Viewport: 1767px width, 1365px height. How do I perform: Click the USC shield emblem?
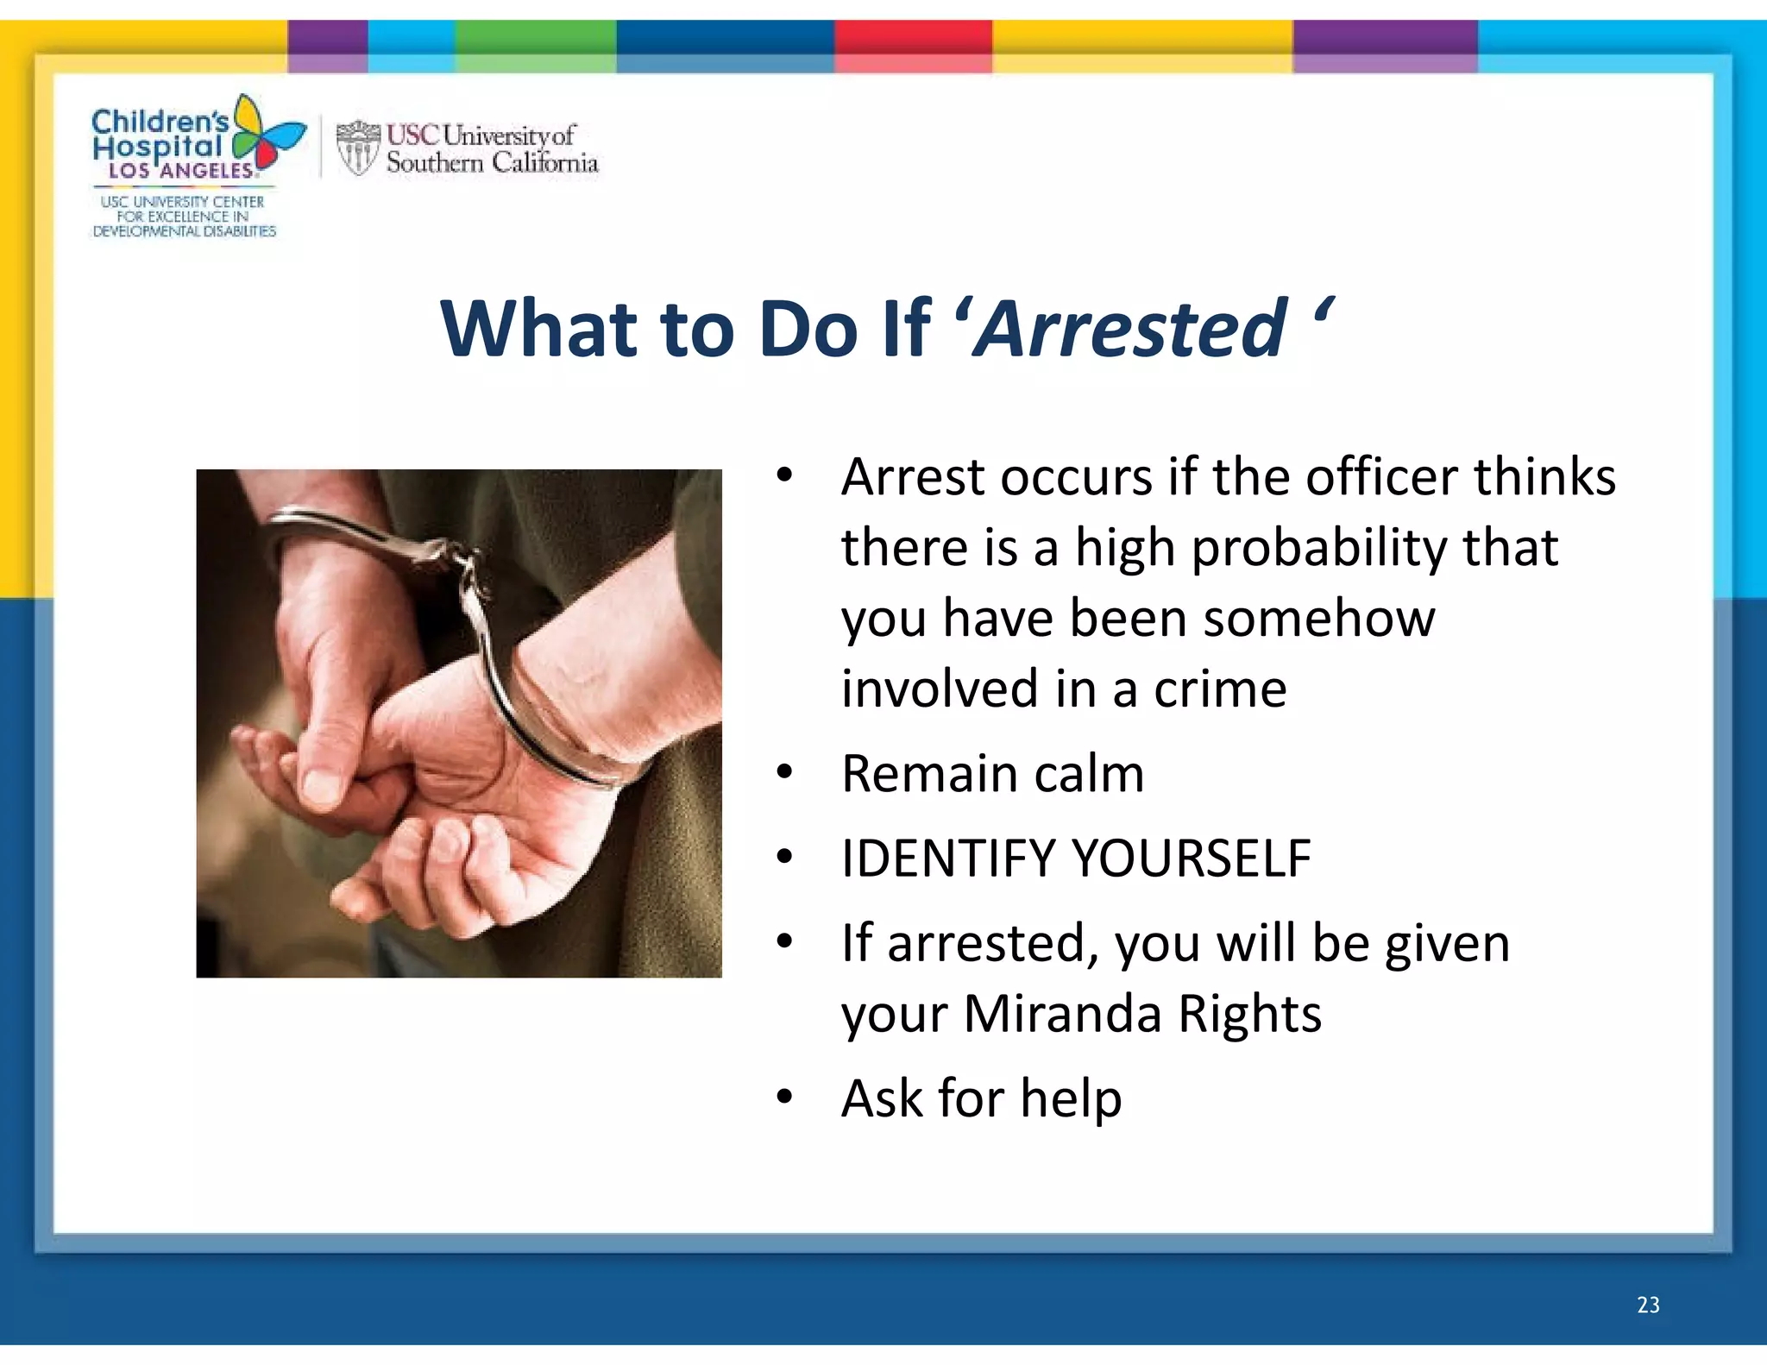click(357, 148)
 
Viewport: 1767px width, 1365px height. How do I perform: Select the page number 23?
click(1647, 1305)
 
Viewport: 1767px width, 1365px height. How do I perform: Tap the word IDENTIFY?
click(948, 859)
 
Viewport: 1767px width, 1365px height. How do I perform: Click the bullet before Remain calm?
click(783, 772)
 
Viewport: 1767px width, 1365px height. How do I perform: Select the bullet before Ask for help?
click(783, 1097)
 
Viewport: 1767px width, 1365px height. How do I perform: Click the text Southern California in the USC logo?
click(492, 163)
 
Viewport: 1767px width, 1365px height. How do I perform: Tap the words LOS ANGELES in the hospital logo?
click(180, 171)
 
